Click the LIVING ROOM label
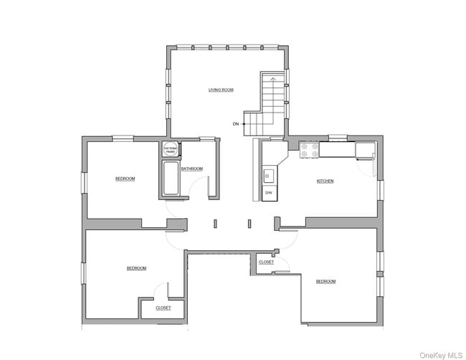click(x=221, y=90)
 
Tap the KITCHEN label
click(x=325, y=181)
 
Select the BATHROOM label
click(x=191, y=169)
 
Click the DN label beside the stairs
click(x=235, y=124)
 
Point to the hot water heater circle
click(x=170, y=150)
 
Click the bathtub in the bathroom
click(x=171, y=179)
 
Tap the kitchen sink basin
click(x=269, y=175)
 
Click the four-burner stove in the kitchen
click(x=309, y=150)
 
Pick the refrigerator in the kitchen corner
click(x=365, y=150)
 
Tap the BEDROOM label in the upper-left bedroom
click(x=125, y=179)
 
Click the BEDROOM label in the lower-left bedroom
click(x=136, y=268)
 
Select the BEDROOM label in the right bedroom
click(x=325, y=281)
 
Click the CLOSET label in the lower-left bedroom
click(x=163, y=308)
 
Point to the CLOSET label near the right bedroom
click(x=266, y=262)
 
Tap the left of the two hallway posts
click(x=214, y=224)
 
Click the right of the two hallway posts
click(x=249, y=224)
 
